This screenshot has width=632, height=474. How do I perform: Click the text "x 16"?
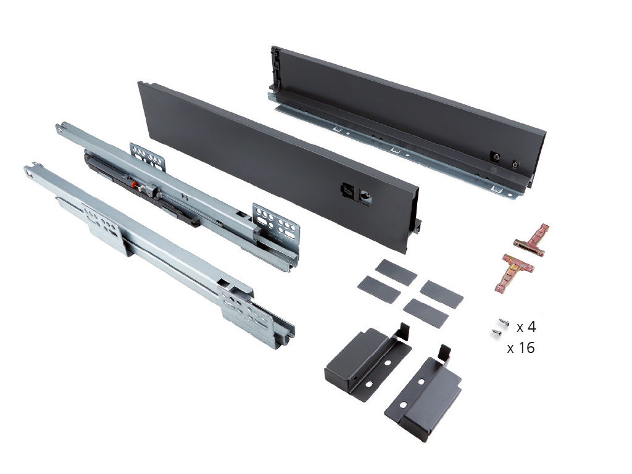tap(520, 348)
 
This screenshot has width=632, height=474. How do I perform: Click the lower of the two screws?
tap(496, 333)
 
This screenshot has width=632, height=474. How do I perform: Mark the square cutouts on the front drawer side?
tap(357, 193)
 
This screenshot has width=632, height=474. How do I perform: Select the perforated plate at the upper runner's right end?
tap(278, 223)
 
